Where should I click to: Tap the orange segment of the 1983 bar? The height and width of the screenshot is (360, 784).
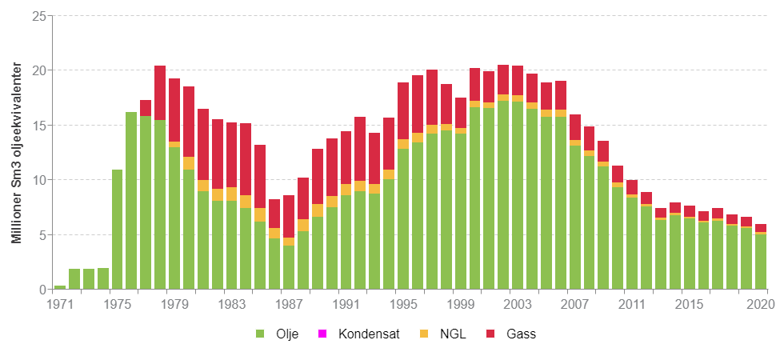231,194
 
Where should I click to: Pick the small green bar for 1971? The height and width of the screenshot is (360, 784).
60,286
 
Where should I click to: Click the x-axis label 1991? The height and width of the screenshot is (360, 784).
346,304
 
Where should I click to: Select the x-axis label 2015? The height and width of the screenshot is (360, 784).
688,304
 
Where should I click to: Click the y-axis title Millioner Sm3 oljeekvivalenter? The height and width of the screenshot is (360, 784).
16,152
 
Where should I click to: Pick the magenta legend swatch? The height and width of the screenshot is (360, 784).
322,334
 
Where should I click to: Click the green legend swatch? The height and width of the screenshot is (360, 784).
260,334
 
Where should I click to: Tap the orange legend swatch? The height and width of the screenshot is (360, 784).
423,334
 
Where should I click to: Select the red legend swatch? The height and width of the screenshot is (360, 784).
490,334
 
